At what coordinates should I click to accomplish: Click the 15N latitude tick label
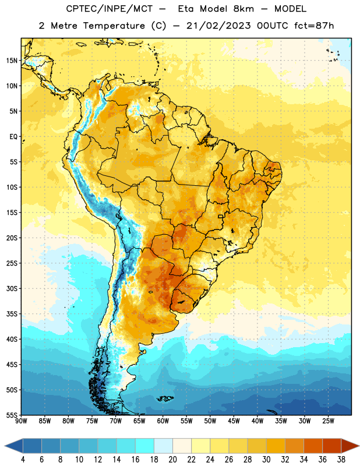click(12, 61)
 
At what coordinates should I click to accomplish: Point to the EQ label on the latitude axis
click(13, 137)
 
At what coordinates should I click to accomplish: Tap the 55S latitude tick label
click(12, 415)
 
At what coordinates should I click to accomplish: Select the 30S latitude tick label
click(12, 288)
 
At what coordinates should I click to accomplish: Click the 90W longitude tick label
click(21, 421)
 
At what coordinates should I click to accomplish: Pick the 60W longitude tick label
click(163, 421)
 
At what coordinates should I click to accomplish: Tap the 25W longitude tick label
click(328, 421)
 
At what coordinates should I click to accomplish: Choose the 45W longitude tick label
click(234, 421)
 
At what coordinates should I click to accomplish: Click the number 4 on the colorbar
click(23, 460)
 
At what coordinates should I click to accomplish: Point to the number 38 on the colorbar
click(341, 460)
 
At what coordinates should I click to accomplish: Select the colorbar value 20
click(172, 460)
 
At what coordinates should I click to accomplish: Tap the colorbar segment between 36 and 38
click(332, 446)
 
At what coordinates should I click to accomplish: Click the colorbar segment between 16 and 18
click(144, 446)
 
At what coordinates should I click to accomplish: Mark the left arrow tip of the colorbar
click(5, 446)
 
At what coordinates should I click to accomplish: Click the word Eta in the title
click(186, 9)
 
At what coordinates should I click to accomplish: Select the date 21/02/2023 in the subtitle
click(218, 26)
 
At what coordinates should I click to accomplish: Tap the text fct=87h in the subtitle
click(314, 26)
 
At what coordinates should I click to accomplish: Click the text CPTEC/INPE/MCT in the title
click(109, 9)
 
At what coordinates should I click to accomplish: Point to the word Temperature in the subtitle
click(114, 26)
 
